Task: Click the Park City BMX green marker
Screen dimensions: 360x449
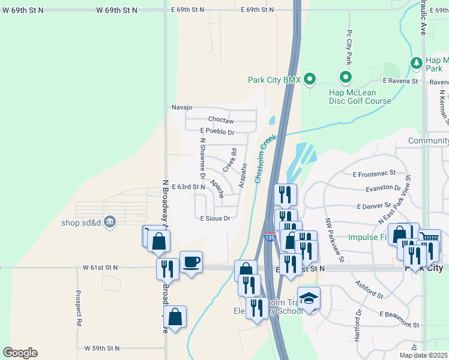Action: tap(310, 79)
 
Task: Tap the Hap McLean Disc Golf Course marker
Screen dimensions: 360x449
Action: tap(345, 77)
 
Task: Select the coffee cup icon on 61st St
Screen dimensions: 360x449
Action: tap(191, 262)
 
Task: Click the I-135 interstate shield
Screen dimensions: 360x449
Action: tap(270, 238)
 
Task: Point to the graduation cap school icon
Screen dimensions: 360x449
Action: tap(309, 298)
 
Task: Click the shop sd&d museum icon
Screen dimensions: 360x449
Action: tap(109, 222)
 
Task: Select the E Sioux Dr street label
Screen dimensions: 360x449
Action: tap(215, 219)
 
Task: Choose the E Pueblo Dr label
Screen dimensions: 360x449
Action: tap(217, 131)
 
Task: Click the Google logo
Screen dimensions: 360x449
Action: tap(20, 353)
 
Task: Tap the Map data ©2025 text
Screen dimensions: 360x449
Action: tap(424, 356)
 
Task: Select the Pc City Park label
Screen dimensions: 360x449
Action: tap(349, 47)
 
